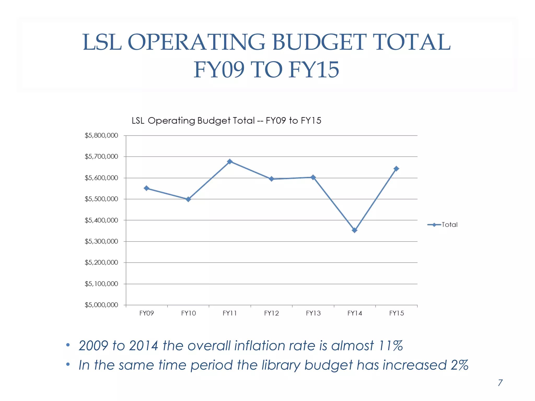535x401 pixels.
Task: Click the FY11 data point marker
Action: [x=230, y=162]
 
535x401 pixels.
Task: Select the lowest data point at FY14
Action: [x=354, y=230]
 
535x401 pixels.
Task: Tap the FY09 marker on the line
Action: [x=147, y=188]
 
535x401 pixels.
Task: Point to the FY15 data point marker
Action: [x=396, y=169]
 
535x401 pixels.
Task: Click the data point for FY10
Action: [x=188, y=199]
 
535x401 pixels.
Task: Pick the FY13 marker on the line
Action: [x=313, y=178]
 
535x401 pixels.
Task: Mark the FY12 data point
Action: [x=271, y=179]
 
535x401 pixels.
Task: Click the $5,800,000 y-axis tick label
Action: [x=101, y=135]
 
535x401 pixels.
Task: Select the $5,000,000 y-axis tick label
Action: [x=101, y=305]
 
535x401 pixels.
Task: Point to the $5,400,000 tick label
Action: [x=101, y=220]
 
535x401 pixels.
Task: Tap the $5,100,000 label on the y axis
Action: [x=101, y=284]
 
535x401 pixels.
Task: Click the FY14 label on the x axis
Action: [x=354, y=313]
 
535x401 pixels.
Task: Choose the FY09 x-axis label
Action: [x=147, y=313]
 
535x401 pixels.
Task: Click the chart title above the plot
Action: [x=226, y=121]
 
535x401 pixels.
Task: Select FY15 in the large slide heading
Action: [x=314, y=70]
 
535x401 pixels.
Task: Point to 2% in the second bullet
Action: [x=459, y=365]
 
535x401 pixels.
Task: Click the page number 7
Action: [x=500, y=383]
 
